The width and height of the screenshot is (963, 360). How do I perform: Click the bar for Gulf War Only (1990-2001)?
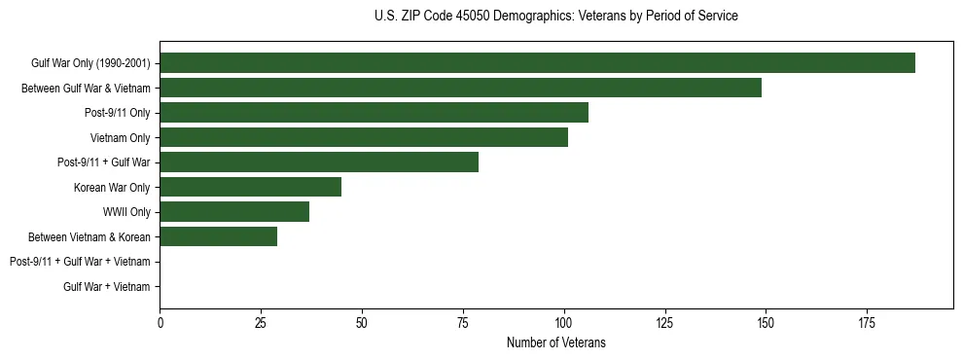[x=537, y=63]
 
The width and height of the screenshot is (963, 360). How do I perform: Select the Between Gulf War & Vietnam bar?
[x=460, y=88]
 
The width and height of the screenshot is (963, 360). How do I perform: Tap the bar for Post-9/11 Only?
[x=374, y=113]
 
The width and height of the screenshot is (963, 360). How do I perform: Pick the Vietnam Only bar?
[x=364, y=137]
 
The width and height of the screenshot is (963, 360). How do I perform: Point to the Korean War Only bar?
[x=250, y=187]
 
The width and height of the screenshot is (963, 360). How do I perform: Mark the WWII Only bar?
[x=234, y=212]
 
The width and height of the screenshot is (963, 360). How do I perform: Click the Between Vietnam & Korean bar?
[x=218, y=236]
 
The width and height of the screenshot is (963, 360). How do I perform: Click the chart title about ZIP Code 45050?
[x=555, y=17]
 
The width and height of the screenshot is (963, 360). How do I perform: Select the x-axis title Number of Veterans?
[x=555, y=342]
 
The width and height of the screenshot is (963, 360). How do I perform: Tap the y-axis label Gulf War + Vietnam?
[x=107, y=286]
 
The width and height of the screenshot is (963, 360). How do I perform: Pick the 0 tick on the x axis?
[x=160, y=322]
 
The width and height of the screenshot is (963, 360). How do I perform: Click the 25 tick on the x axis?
[x=261, y=322]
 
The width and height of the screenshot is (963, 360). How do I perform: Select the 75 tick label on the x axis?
[x=462, y=322]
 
